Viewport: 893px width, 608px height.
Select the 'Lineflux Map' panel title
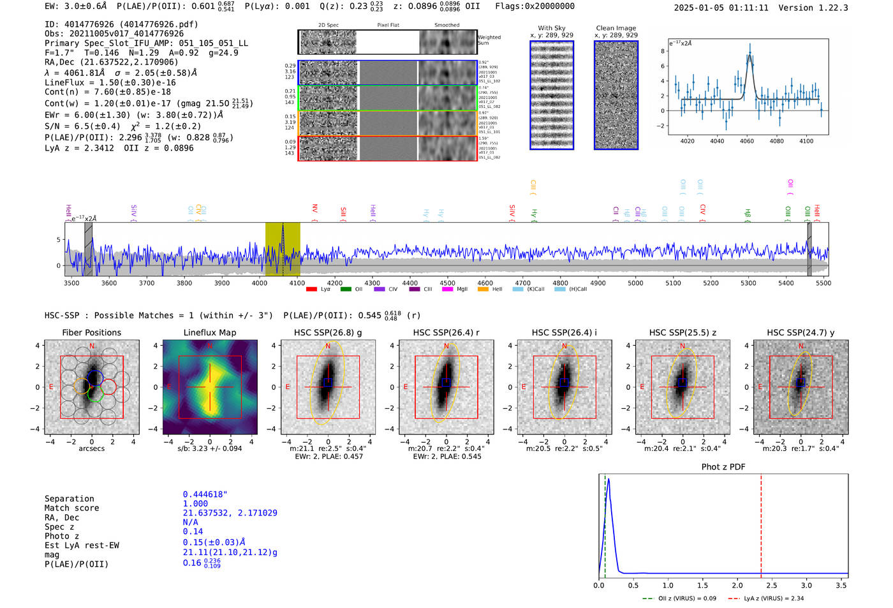pos(209,332)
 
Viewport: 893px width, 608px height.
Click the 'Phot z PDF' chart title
pos(723,467)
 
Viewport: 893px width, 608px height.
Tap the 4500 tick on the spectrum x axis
pos(448,283)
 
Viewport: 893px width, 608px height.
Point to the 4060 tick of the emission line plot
pos(747,141)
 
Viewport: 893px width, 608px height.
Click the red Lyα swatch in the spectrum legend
pos(312,289)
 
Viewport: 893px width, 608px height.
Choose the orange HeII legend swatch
pos(483,289)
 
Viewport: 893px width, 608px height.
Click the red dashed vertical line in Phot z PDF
pos(761,523)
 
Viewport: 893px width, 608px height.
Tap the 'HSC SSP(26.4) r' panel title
pos(446,332)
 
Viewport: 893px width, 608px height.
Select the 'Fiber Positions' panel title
pos(91,332)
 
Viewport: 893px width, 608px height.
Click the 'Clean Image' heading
pos(616,28)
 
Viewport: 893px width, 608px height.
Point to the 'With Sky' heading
pos(551,28)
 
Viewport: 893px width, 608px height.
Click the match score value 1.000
pos(195,503)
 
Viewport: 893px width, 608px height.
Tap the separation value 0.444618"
pos(205,494)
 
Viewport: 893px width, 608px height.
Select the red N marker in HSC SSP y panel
pos(801,346)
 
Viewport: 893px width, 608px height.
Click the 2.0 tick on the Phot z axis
pos(737,585)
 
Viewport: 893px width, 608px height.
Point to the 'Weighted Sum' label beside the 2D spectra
pos(489,40)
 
